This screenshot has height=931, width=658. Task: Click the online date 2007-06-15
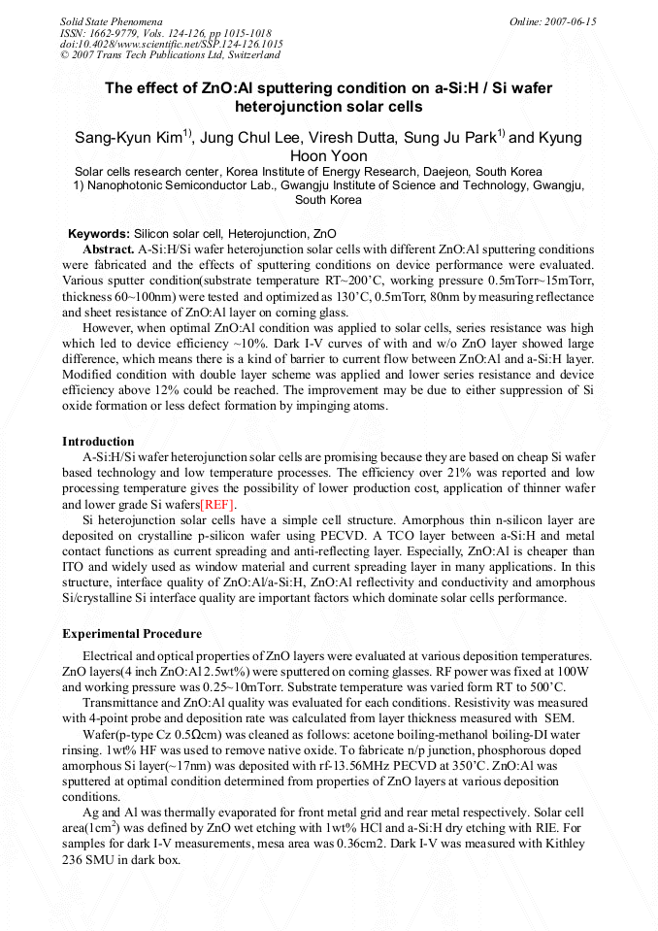click(567, 20)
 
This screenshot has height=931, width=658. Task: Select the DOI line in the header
click(172, 44)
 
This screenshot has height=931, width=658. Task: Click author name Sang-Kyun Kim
click(127, 138)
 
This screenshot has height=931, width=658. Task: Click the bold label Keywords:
click(98, 234)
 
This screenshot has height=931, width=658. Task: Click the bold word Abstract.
click(108, 249)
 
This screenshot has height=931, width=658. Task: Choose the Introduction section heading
click(98, 442)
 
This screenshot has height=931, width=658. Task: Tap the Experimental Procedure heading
click(132, 634)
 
